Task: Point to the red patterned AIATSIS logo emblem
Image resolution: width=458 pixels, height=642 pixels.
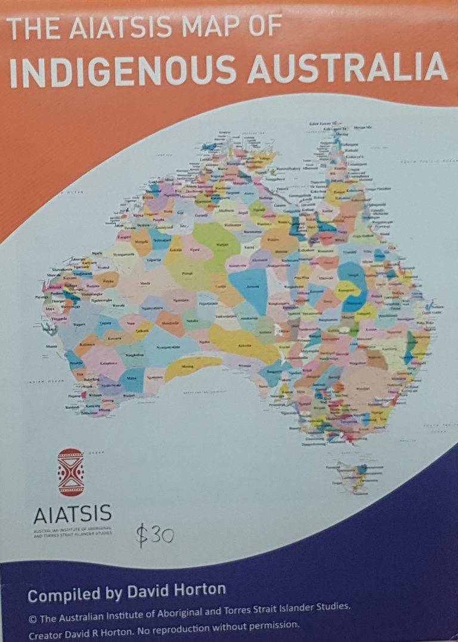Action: pyautogui.click(x=71, y=473)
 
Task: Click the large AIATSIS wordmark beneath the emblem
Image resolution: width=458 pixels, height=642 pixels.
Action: pyautogui.click(x=72, y=513)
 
